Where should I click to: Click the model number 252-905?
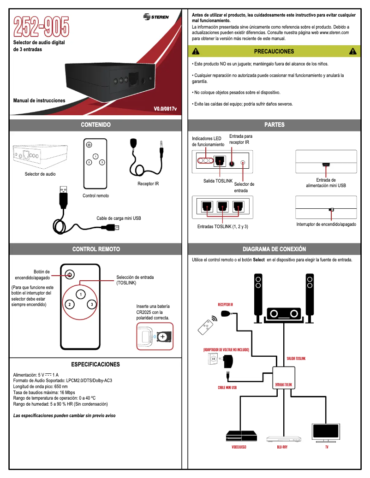tap(42, 27)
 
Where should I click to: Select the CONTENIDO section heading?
tap(96, 124)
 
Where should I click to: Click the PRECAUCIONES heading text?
tap(274, 52)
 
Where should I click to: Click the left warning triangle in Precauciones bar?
tap(196, 52)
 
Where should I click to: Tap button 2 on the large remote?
tap(69, 305)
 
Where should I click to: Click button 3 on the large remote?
tap(92, 305)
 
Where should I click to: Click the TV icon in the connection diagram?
tap(327, 432)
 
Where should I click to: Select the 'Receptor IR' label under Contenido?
tap(148, 183)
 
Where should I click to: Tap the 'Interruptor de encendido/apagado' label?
tap(326, 224)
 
